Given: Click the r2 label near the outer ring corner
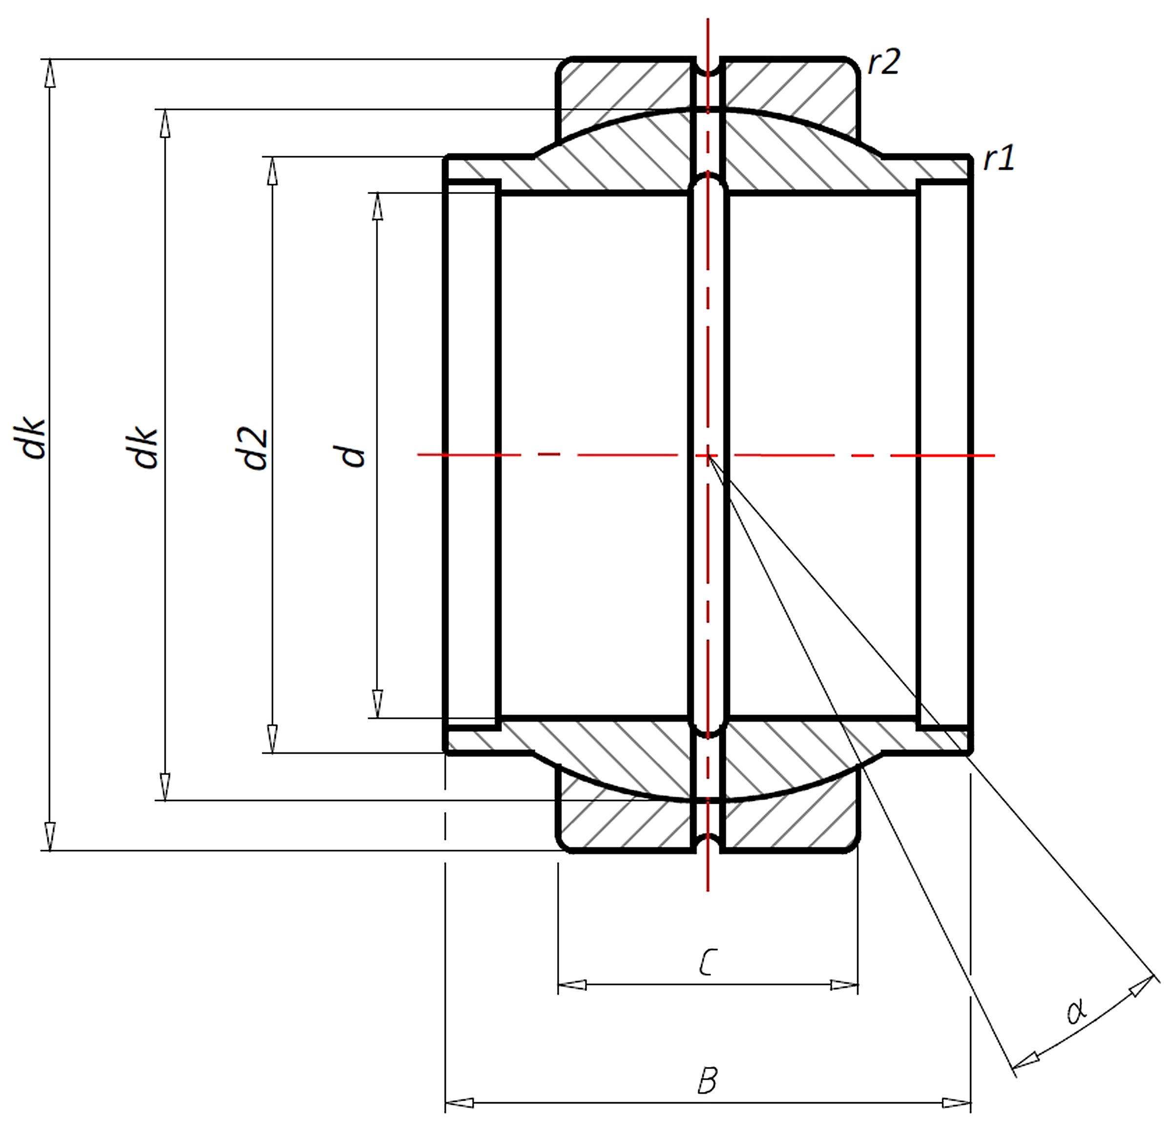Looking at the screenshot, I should [x=884, y=62].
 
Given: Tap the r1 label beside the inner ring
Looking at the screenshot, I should [x=999, y=159].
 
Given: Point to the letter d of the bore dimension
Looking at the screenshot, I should [x=353, y=456].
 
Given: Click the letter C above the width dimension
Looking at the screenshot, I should [x=707, y=962].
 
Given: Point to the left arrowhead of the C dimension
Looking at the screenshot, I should [x=572, y=984].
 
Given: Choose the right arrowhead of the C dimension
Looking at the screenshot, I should [x=844, y=984].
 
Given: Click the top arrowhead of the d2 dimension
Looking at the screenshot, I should [x=272, y=171].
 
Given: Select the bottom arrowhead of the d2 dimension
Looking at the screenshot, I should [x=272, y=739].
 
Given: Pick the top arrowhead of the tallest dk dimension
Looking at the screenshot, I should [x=50, y=74].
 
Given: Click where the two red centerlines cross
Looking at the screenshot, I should [x=708, y=456].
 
